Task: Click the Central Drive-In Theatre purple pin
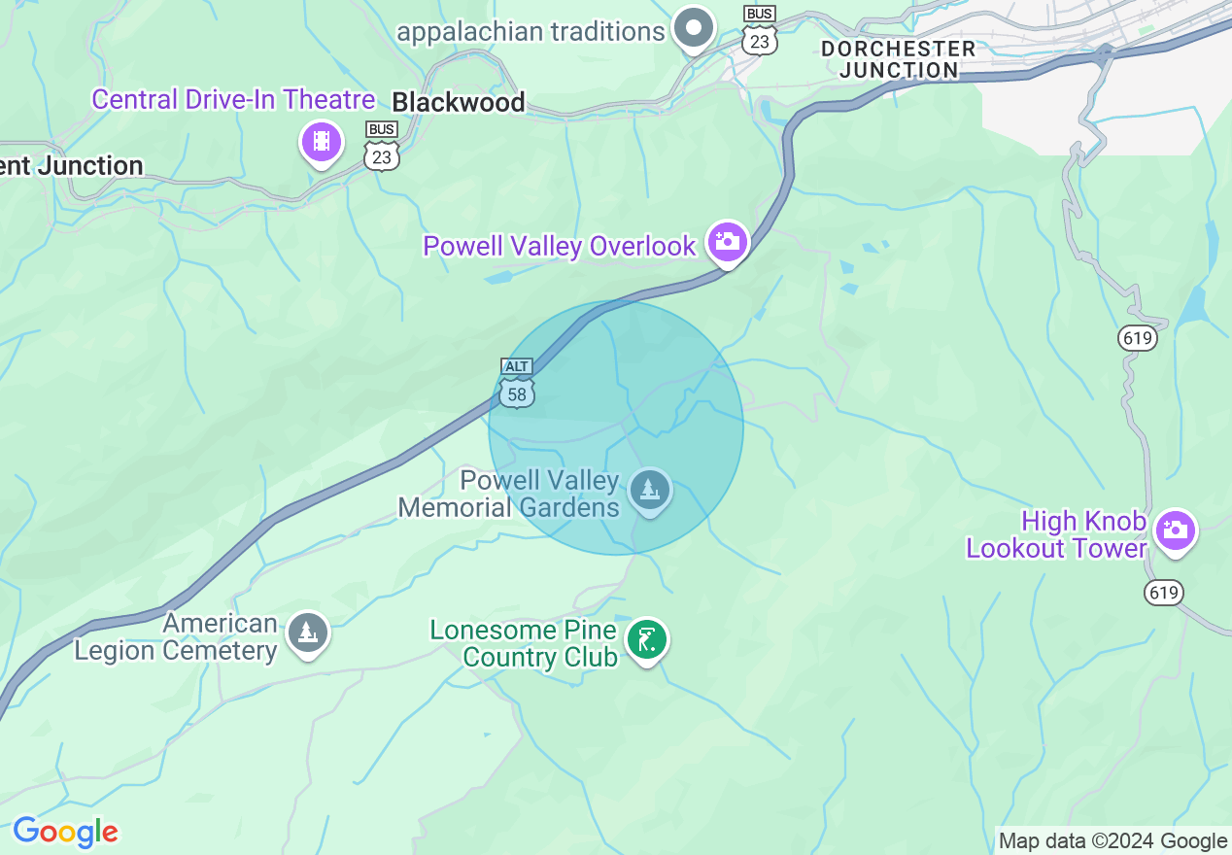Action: coord(322,143)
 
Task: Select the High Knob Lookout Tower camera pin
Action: coord(1176,530)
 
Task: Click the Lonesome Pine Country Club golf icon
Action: coord(646,640)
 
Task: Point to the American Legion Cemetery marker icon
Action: coord(308,633)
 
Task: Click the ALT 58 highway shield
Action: coord(517,382)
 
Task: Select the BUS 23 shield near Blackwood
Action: coord(383,147)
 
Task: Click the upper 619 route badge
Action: coord(1137,338)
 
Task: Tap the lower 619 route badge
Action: coord(1163,592)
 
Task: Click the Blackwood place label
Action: coord(458,102)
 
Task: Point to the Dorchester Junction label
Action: coord(898,59)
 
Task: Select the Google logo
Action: coord(65,832)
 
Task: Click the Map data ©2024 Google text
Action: coord(1113,841)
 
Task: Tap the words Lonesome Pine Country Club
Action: coord(524,643)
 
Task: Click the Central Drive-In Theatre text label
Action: coord(233,99)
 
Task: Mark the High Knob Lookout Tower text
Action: coord(1057,535)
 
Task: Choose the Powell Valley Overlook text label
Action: coord(560,246)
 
